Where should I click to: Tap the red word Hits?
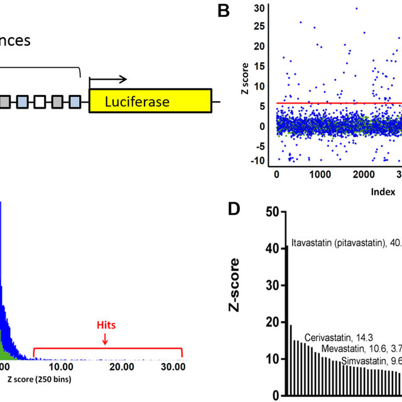105,326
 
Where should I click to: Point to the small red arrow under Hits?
105,339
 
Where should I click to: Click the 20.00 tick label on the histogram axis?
121,366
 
